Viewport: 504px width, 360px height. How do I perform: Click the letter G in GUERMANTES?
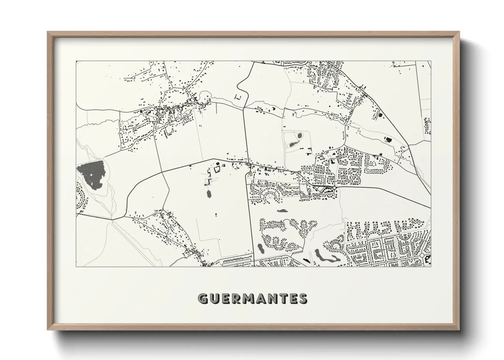tap(203, 299)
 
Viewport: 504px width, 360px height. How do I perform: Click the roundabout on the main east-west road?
tap(335, 188)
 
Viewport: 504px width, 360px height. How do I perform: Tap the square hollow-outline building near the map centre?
tap(217, 169)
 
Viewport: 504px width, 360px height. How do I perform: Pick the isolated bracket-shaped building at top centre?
tap(239, 97)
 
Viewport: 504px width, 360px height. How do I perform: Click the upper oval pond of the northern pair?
tap(300, 136)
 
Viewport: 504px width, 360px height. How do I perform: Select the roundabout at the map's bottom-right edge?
tap(422, 255)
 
